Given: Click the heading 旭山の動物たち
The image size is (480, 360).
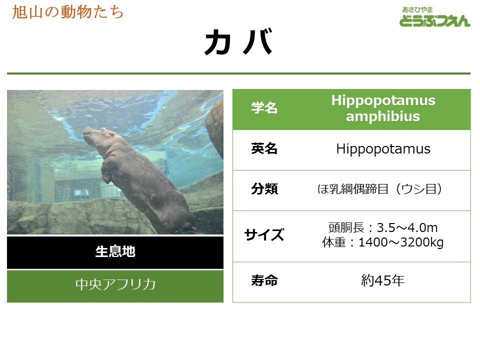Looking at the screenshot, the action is (x=67, y=12).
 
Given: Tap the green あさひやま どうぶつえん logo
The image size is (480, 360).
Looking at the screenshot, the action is (x=434, y=17).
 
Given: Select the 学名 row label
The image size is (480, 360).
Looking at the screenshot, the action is (x=264, y=108).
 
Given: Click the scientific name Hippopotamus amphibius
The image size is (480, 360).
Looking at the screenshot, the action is (x=383, y=108).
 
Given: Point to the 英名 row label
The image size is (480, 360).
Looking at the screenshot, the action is (x=264, y=149).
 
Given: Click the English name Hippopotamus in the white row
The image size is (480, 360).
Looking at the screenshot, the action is (x=383, y=149).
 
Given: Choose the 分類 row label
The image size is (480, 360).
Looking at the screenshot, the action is (x=264, y=189).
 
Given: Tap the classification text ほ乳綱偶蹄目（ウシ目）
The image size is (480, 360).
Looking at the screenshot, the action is (x=380, y=189).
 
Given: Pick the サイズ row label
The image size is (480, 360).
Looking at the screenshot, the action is (x=264, y=235).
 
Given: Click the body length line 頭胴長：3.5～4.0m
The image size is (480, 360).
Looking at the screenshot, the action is (x=383, y=228).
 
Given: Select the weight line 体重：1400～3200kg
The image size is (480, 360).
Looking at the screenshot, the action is (x=382, y=242).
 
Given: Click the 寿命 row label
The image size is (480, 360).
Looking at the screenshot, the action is (x=264, y=280).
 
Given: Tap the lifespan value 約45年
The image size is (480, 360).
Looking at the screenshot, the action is (x=382, y=280).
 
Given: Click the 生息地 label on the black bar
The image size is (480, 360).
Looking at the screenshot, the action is (x=115, y=251).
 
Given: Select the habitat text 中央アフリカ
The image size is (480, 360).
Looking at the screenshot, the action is (x=115, y=284).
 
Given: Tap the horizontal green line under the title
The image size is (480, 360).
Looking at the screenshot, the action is (x=239, y=73).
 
